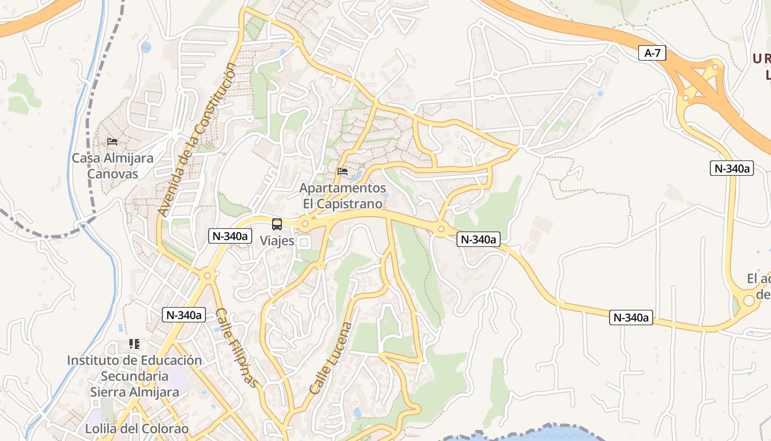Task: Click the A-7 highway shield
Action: point(653,53)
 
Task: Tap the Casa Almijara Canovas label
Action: point(112,166)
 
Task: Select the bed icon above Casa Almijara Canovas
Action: point(112,142)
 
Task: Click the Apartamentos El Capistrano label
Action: point(343,196)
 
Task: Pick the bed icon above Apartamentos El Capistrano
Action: point(343,171)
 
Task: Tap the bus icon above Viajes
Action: point(277,224)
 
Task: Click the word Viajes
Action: point(277,241)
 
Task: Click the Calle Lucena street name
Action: point(330,358)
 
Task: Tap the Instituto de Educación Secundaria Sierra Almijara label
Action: point(134,376)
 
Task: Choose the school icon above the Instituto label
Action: point(134,344)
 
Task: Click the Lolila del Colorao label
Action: point(137,428)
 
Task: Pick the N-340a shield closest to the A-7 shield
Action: point(732,169)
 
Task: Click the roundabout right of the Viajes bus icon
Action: point(305,224)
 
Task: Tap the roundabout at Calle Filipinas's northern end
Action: point(207,275)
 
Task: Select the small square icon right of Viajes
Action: point(304,242)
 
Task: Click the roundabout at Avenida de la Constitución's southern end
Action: point(207,275)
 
